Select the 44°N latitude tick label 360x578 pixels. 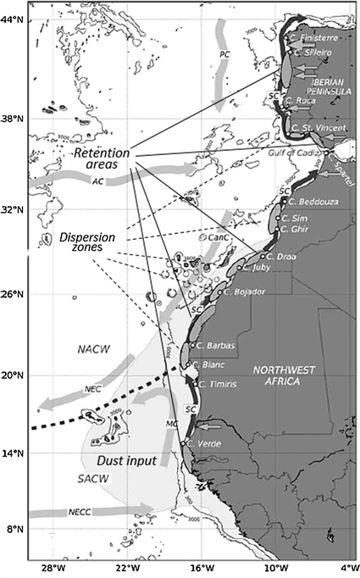point(12,19)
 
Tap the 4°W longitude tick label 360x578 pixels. point(347,565)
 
